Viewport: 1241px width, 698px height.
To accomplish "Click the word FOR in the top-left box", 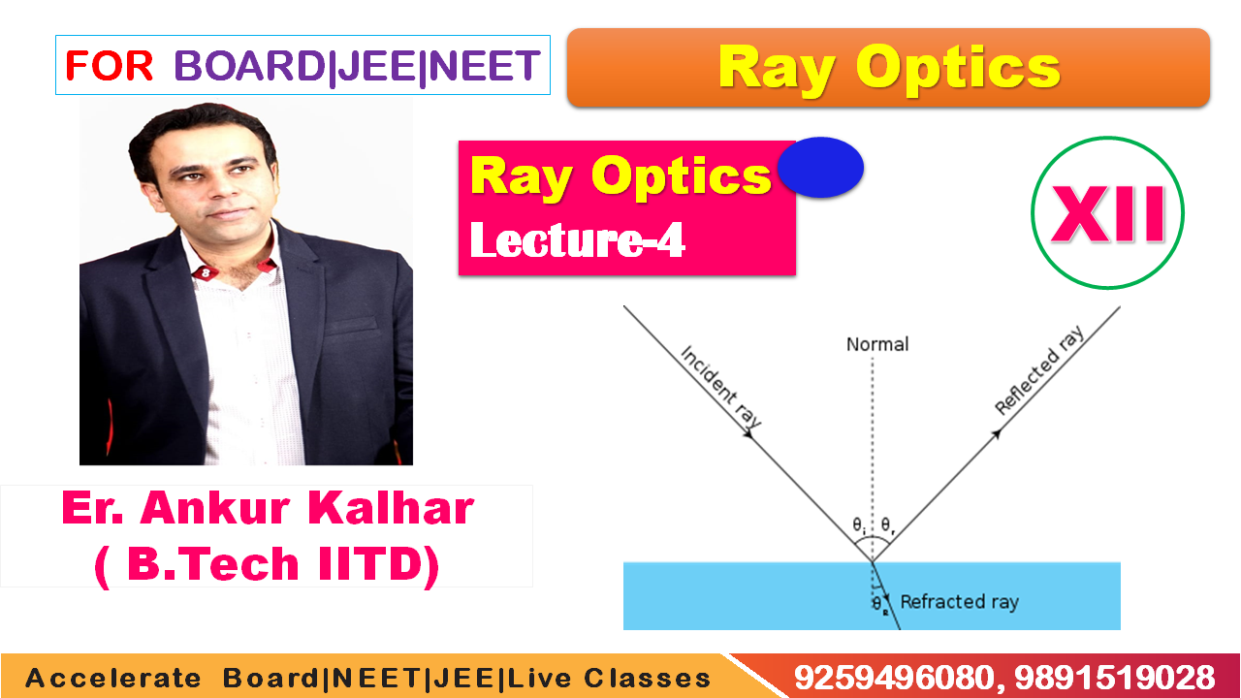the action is tap(110, 65).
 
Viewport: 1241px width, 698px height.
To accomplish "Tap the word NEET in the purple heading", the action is tap(484, 65).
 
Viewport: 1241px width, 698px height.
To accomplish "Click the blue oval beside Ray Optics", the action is tap(820, 168).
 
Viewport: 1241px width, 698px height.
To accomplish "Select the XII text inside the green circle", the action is tap(1108, 214).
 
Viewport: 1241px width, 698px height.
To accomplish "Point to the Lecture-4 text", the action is tap(577, 239).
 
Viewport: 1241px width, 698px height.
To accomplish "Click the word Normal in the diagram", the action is tap(877, 344).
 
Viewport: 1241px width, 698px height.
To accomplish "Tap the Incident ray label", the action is tap(720, 386).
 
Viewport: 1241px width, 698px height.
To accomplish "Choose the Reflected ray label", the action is tap(1039, 369).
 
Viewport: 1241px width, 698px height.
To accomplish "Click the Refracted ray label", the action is tap(960, 602).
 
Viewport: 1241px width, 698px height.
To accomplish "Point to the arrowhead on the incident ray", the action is tap(748, 433).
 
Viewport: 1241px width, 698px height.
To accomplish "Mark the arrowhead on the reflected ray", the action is tap(996, 433).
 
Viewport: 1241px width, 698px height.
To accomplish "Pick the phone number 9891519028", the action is tap(1115, 678).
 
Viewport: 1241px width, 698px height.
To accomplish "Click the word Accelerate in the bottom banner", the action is tap(113, 679).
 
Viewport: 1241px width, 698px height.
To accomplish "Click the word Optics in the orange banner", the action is tap(958, 68).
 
